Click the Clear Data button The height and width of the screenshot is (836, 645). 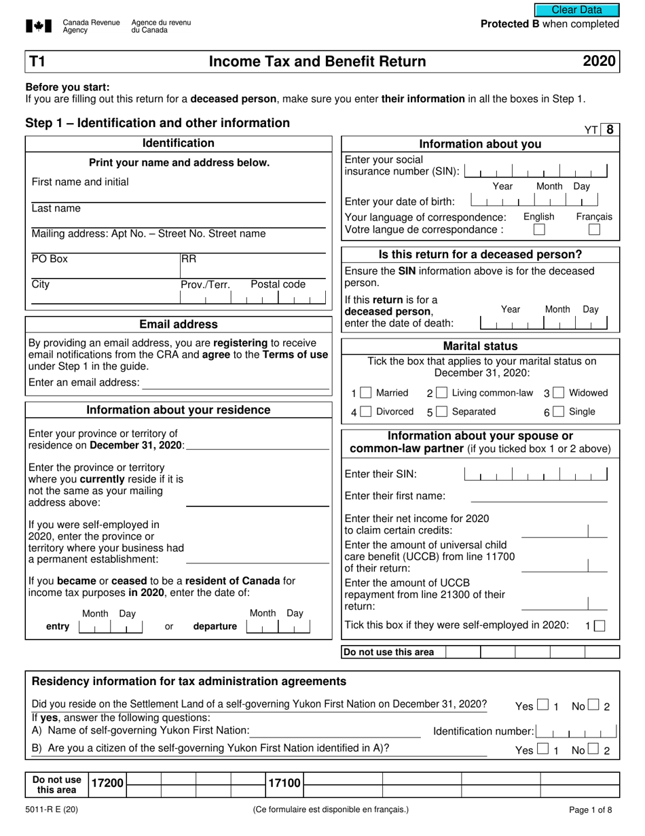click(576, 10)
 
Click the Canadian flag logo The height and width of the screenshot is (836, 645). click(39, 27)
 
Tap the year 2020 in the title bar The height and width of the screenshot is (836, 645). click(599, 62)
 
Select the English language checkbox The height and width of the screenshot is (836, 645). click(538, 230)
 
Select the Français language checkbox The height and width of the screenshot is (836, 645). click(594, 230)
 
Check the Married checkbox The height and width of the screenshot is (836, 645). click(366, 393)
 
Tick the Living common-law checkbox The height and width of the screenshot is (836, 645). click(442, 393)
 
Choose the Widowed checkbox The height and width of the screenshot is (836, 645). click(559, 393)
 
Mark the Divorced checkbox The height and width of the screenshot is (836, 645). click(366, 412)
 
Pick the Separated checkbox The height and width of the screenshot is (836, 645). click(442, 412)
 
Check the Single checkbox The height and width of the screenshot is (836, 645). click(559, 412)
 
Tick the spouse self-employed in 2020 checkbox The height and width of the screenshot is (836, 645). click(599, 626)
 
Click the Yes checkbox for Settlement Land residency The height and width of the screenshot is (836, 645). click(542, 706)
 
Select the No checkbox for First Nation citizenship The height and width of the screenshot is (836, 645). click(594, 750)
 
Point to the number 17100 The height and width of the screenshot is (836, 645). click(284, 784)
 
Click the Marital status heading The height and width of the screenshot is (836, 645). click(480, 346)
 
